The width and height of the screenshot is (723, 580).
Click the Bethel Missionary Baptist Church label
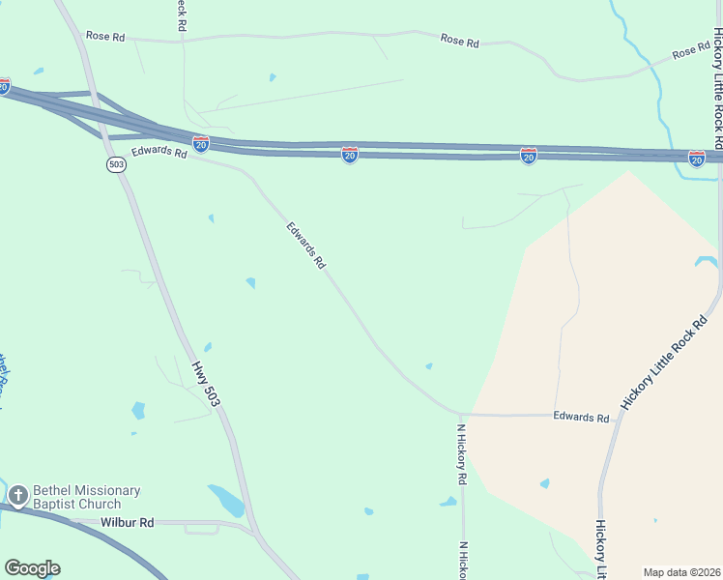click(87, 497)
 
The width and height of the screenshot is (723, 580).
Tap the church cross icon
click(17, 496)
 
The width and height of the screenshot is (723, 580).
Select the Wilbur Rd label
click(127, 523)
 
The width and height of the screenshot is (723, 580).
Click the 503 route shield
click(117, 164)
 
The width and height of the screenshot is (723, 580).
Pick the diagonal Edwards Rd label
click(306, 246)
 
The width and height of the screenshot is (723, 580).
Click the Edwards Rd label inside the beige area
click(581, 418)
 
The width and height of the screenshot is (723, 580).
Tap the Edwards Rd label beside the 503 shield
click(159, 152)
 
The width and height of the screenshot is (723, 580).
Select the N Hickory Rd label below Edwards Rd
click(463, 454)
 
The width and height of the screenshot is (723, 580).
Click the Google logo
click(32, 568)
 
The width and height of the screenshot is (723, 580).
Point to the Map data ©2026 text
click(682, 571)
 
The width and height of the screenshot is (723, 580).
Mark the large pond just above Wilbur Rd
click(228, 500)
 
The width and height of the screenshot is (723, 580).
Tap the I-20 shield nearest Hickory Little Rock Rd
click(697, 158)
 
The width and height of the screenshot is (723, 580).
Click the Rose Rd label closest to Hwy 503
click(105, 37)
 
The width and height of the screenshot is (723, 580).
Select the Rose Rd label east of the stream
click(691, 51)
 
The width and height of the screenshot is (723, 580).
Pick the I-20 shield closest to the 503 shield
click(200, 144)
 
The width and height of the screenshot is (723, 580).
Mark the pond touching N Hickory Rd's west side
click(448, 502)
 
